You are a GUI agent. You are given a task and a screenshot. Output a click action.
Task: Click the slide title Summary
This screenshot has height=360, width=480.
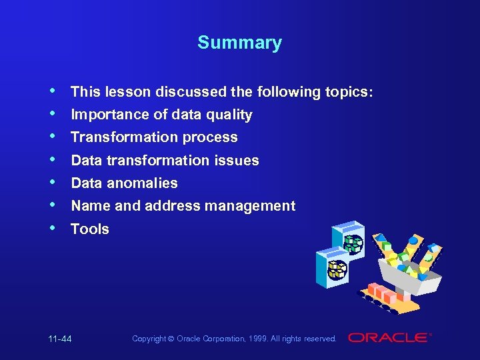click(239, 43)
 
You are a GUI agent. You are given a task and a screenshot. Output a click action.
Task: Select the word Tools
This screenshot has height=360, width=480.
click(90, 229)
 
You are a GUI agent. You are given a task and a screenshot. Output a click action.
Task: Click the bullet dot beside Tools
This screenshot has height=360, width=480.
click(53, 227)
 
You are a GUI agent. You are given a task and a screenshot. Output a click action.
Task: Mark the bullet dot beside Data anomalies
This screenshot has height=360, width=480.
click(53, 181)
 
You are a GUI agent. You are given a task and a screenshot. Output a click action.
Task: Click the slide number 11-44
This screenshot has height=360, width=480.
click(60, 339)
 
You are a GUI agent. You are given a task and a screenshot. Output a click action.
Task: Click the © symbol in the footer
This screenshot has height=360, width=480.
click(171, 339)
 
